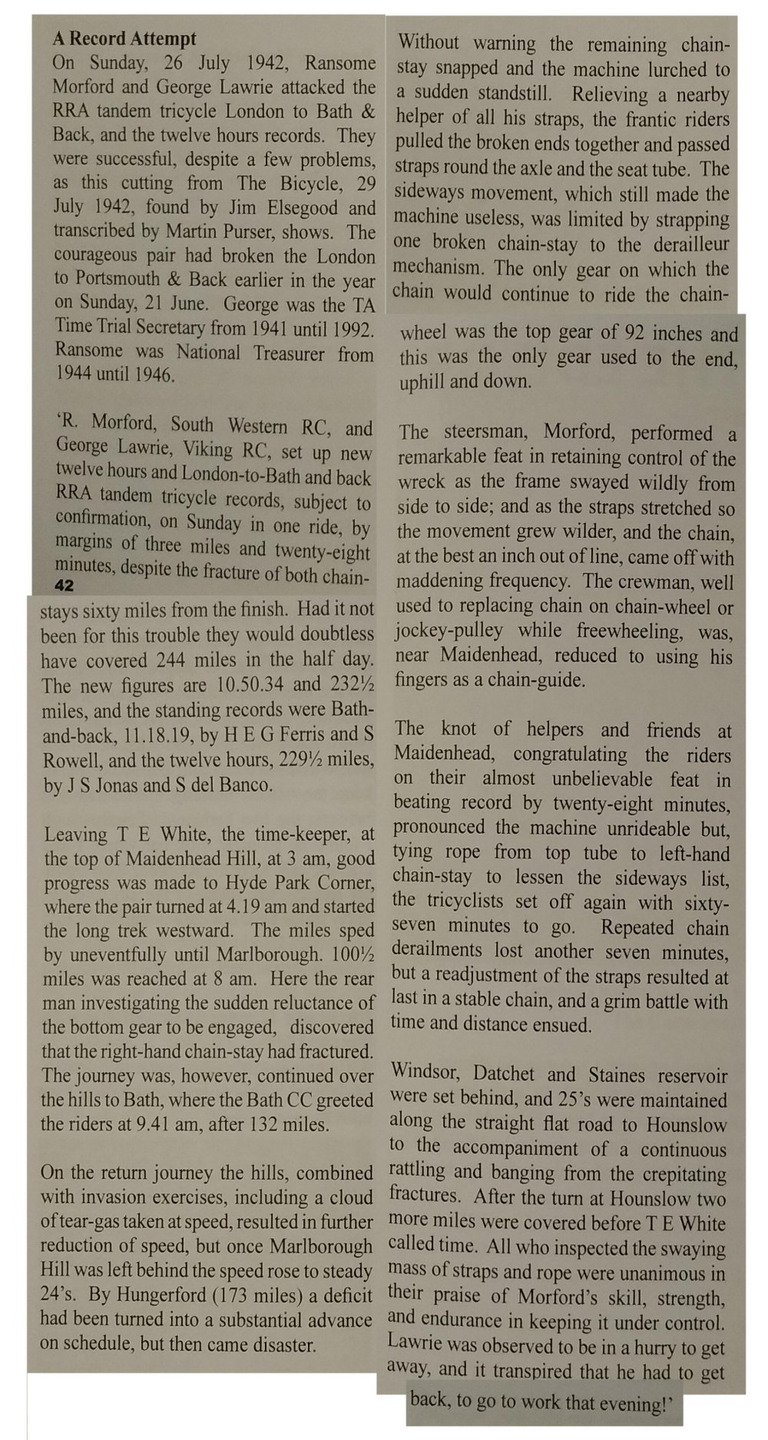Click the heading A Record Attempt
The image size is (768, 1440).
(124, 38)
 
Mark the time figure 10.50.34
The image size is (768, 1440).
(237, 684)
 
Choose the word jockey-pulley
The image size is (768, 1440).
(449, 632)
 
